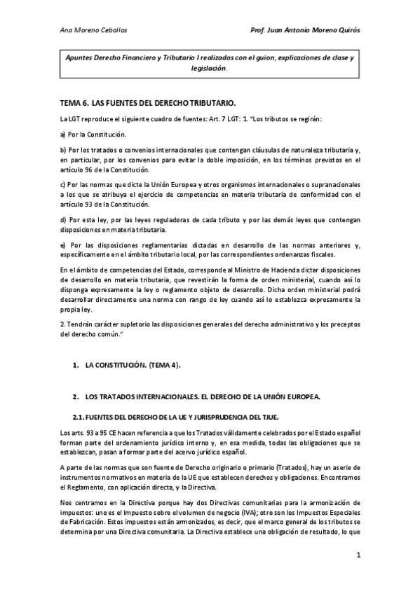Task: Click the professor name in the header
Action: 305,32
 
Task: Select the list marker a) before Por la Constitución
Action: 62,133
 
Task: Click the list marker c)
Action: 62,185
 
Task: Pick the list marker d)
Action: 62,219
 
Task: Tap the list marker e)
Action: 62,244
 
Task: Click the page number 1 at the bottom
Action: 358,555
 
